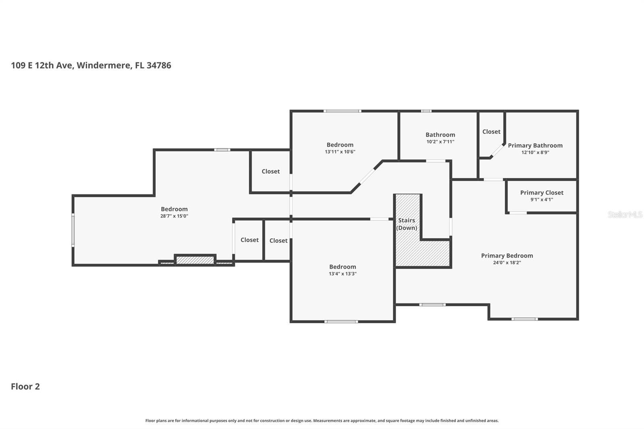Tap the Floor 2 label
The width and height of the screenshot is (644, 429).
pos(25,386)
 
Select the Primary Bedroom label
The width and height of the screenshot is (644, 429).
pos(507,256)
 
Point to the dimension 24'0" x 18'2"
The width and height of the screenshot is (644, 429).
pos(507,263)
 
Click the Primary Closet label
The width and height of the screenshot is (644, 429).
pos(541,193)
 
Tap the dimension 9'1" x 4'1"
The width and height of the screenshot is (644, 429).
pos(541,200)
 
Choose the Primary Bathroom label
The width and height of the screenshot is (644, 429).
pos(535,145)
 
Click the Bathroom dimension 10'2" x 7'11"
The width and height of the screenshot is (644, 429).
pos(440,142)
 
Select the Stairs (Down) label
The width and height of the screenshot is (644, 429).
pos(407,224)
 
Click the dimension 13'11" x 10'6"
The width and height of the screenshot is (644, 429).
pos(340,152)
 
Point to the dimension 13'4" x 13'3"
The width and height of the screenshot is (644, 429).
pos(342,274)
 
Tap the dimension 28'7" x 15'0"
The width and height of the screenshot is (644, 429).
pos(174,216)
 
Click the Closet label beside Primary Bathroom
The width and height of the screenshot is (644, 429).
pos(491,132)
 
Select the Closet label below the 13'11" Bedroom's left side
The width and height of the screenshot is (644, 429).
pos(270,171)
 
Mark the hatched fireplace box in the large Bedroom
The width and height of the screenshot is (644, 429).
pos(195,260)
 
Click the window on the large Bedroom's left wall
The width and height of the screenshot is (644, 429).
pos(73,230)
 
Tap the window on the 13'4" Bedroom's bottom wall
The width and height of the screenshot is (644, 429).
pos(341,322)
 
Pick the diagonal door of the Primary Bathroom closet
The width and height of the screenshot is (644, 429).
pos(498,151)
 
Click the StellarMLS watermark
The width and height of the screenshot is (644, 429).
pos(625,214)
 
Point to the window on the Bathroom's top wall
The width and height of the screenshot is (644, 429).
pos(426,111)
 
